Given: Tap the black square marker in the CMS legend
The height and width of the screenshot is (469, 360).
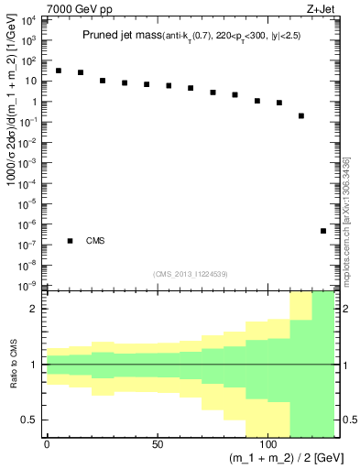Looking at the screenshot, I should pyautogui.click(x=70, y=241).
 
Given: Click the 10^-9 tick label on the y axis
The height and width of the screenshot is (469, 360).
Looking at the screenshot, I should pyautogui.click(x=31, y=286).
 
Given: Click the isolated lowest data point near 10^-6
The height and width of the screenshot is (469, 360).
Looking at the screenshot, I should pyautogui.click(x=323, y=231).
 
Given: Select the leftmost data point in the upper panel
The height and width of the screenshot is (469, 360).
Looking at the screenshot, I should pyautogui.click(x=59, y=70).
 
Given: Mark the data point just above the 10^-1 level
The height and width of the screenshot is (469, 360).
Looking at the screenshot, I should pyautogui.click(x=301, y=115).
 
